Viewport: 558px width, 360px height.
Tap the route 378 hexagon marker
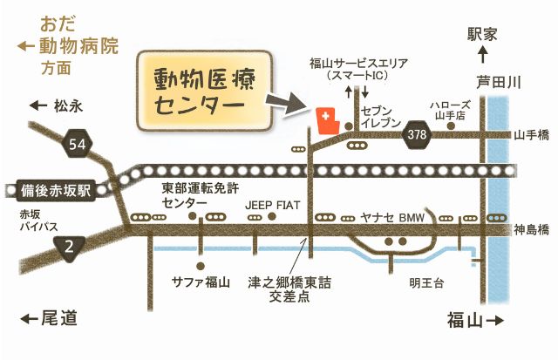[417, 133]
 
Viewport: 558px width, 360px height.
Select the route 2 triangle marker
[71, 248]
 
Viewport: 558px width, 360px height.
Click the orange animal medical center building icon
[327, 120]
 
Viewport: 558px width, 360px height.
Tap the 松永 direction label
[58, 105]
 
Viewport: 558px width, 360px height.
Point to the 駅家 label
[482, 34]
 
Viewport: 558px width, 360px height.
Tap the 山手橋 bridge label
[531, 134]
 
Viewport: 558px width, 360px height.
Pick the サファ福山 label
[201, 282]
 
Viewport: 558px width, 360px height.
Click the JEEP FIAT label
[272, 204]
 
